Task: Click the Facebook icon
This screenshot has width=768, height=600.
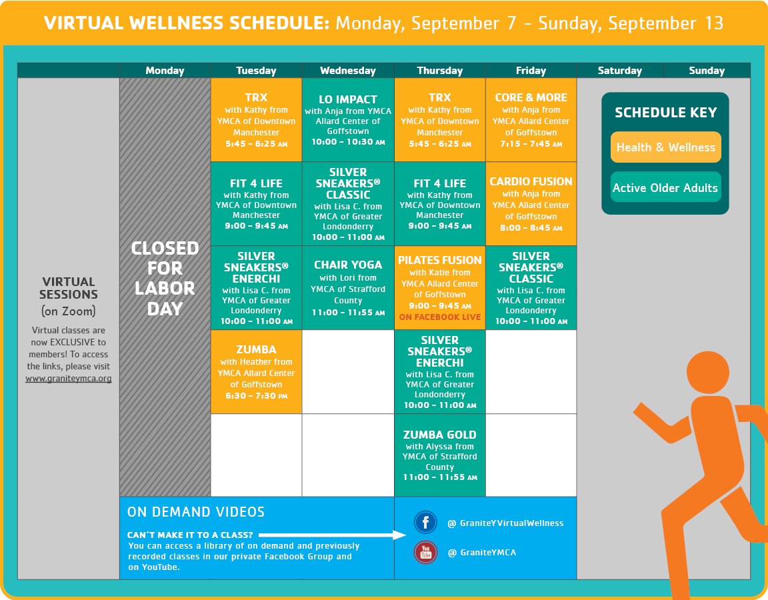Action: coord(425,522)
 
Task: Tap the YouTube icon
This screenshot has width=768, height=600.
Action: coord(425,553)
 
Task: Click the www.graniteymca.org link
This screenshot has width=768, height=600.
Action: coord(69,379)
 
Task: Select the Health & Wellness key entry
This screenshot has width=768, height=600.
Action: coord(665,147)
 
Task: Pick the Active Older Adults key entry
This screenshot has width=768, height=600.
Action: coord(665,187)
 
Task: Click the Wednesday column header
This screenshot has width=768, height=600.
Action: coord(348,71)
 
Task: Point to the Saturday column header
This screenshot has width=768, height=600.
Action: coord(619,71)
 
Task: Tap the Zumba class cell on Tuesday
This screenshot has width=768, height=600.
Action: coord(256,372)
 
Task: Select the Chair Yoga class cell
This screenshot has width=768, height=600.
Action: coord(348,287)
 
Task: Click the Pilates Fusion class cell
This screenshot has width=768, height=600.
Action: coord(440,287)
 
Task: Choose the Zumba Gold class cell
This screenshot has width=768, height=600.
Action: coord(440,455)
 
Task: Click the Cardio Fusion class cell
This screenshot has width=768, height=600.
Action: coord(531,204)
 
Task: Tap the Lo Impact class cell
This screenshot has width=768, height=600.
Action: coord(348,119)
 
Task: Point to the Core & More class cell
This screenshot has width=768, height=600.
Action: coord(531,119)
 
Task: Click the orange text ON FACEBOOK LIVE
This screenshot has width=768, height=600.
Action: coord(440,317)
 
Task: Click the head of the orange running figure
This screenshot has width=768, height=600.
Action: coord(708,372)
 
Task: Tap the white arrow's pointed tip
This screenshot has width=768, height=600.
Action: coord(406,535)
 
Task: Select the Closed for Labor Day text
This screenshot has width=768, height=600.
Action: coord(165,278)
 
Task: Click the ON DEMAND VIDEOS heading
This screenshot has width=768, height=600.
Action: coord(196,512)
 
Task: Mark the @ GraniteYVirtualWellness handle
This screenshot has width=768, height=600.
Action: coord(505,523)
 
